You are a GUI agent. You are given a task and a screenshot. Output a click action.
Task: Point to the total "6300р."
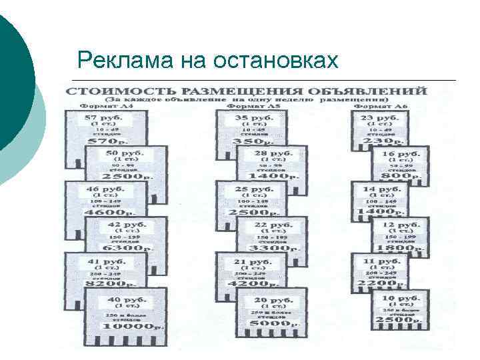[127, 248]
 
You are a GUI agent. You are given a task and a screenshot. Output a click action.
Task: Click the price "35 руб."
[252, 117]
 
